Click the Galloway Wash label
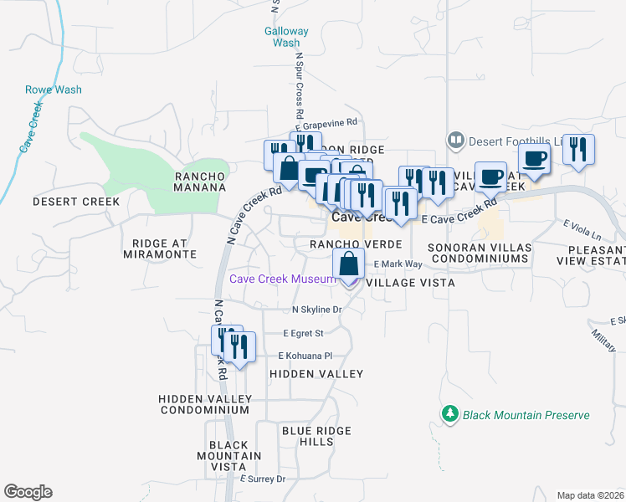tap(286, 37)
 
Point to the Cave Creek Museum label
tap(283, 279)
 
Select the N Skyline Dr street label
tap(317, 310)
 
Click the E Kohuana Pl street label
tap(310, 356)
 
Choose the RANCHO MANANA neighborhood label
tap(199, 182)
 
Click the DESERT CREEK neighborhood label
tap(76, 202)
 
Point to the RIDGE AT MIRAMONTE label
tap(164, 248)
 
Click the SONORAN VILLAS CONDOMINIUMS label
tap(479, 254)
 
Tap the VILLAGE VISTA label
tap(410, 284)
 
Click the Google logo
tap(28, 492)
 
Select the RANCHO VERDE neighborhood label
tap(357, 243)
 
